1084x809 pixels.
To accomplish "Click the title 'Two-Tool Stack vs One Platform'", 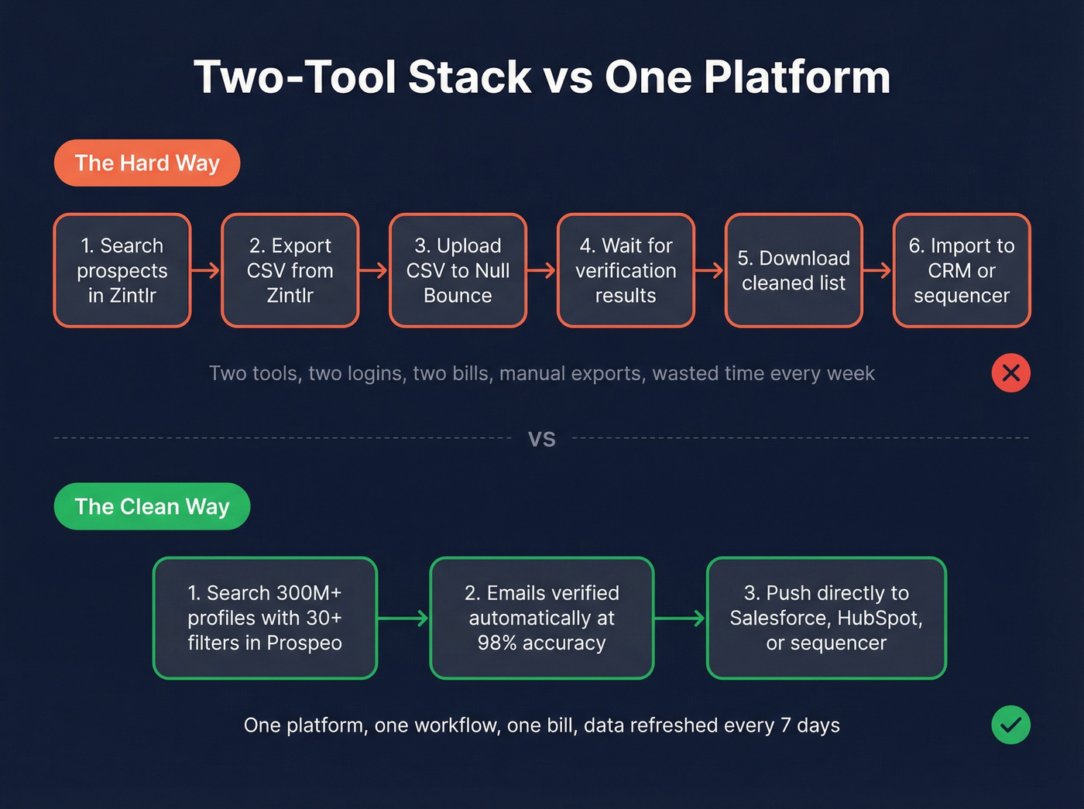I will tap(542, 77).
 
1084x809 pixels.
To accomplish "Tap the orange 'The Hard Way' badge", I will tap(147, 163).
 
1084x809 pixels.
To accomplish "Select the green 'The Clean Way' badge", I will tap(152, 506).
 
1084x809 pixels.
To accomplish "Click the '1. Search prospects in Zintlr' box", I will tap(122, 270).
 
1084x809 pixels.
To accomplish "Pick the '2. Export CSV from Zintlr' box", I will tap(290, 270).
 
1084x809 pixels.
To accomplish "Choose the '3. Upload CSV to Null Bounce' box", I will tap(458, 270).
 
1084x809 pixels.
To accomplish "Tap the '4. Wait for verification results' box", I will tap(626, 270).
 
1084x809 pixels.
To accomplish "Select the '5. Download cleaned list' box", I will tap(794, 270).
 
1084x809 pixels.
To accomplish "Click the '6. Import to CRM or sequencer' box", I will tap(962, 270).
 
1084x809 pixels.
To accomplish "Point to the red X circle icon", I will tap(1010, 373).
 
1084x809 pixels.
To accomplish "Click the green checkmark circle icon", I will tap(1010, 725).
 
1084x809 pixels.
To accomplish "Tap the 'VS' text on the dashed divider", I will tap(542, 439).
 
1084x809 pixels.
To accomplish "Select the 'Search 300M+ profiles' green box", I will tap(265, 618).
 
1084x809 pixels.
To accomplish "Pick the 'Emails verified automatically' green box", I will tap(542, 618).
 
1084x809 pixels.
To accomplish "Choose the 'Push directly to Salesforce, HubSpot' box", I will tap(826, 618).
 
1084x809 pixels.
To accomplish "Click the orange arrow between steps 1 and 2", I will tap(206, 270).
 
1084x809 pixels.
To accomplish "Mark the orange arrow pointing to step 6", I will tap(877, 270).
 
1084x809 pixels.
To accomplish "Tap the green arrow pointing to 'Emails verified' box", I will tap(403, 618).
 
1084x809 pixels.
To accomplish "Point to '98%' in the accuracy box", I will tap(498, 643).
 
